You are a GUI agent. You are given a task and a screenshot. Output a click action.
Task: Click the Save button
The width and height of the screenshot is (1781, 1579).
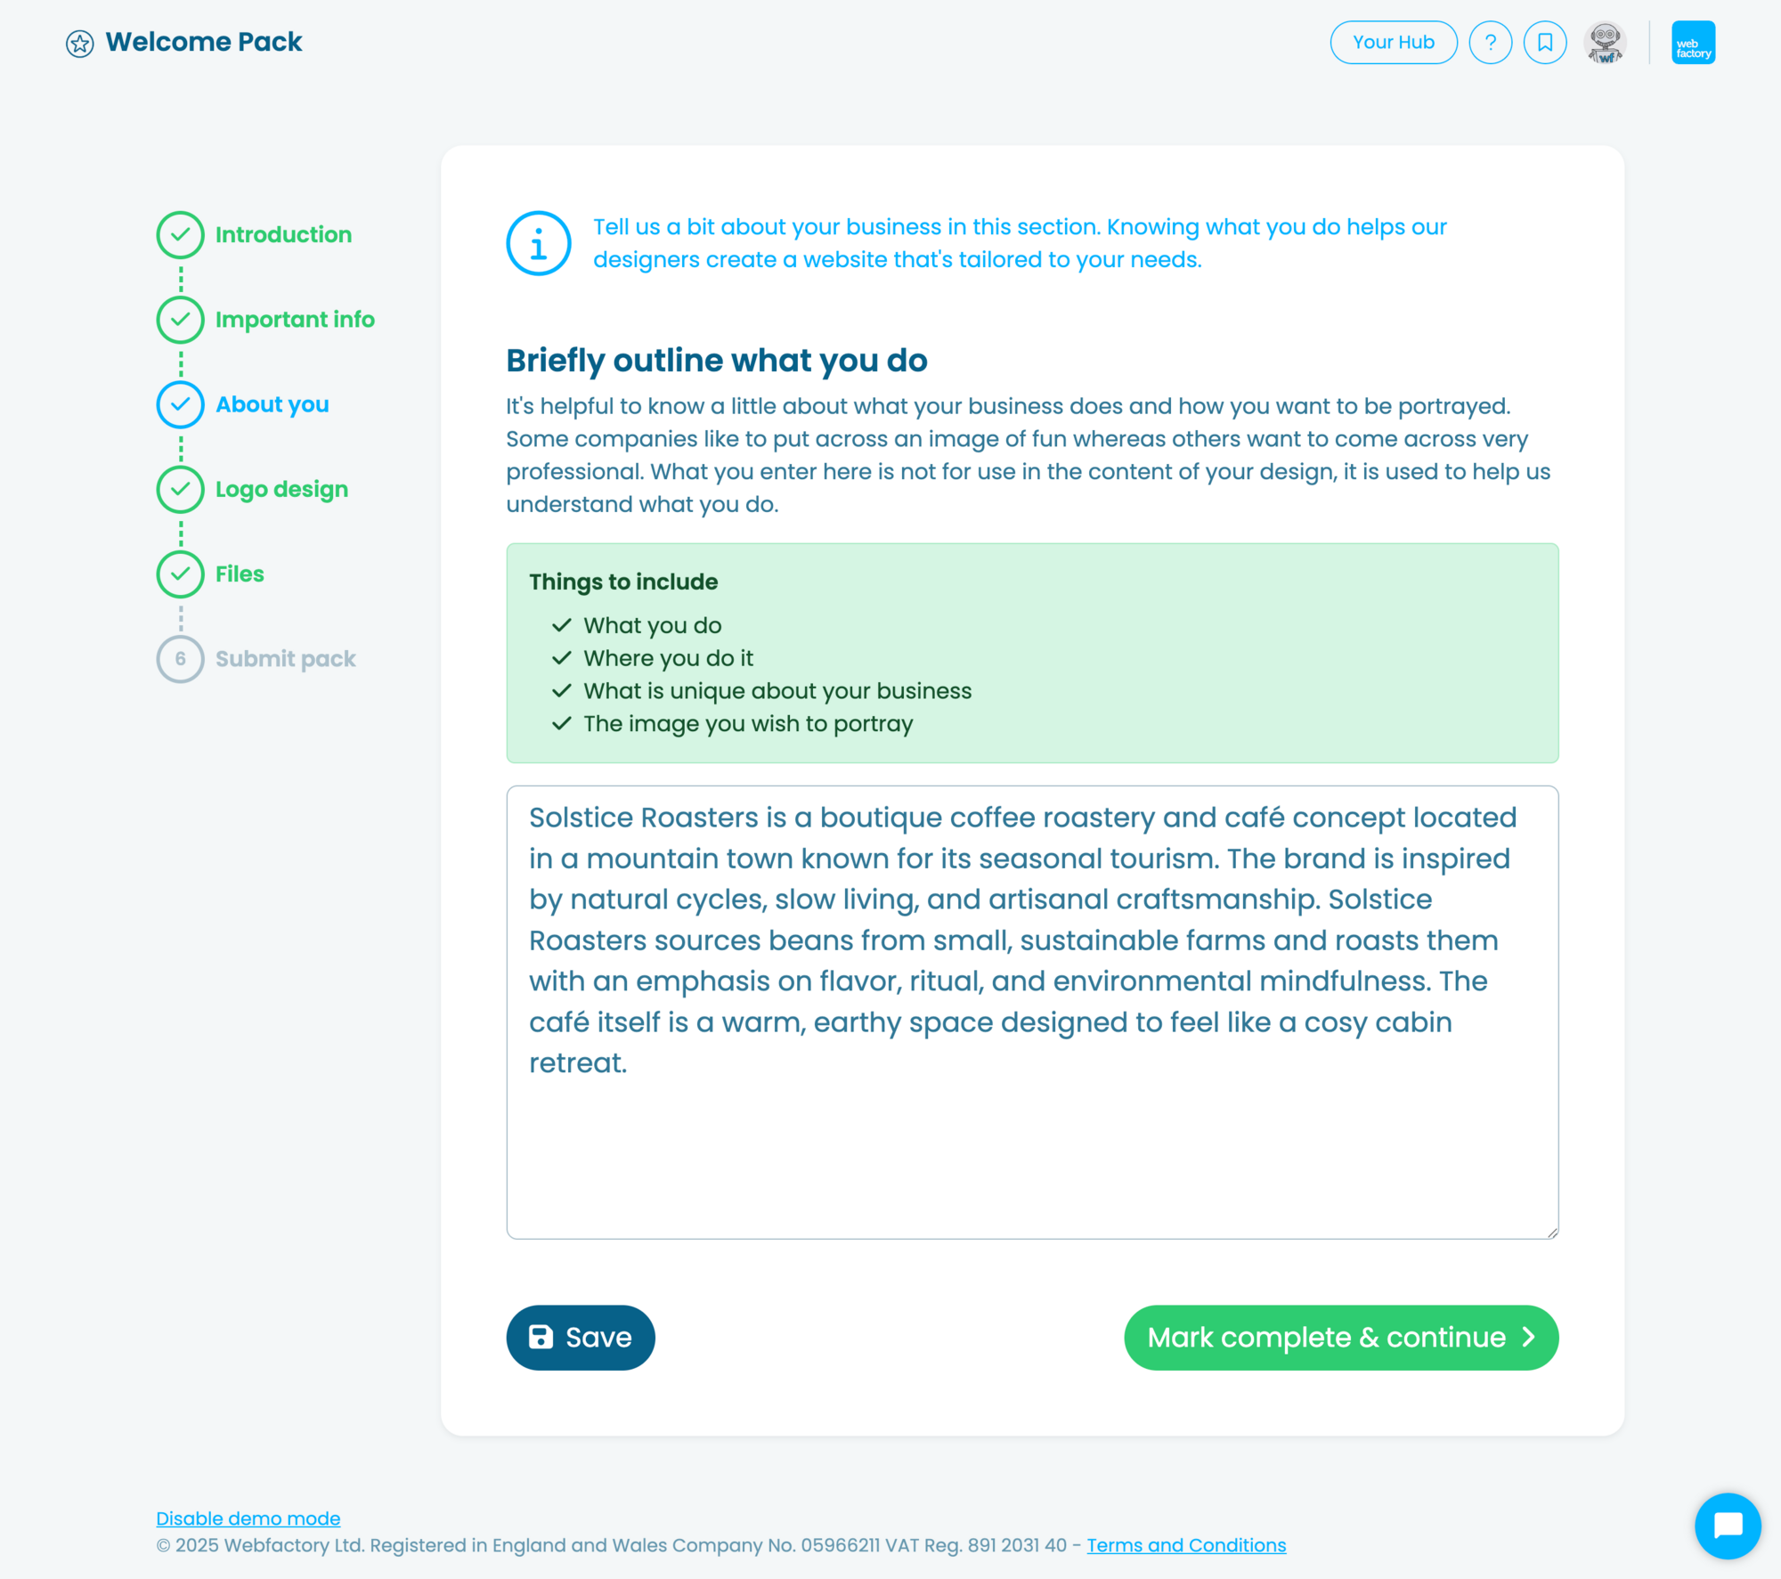[580, 1337]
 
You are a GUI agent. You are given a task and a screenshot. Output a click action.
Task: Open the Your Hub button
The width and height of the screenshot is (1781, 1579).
[1393, 42]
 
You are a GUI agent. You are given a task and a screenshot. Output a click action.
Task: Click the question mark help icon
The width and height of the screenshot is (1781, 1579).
[1490, 42]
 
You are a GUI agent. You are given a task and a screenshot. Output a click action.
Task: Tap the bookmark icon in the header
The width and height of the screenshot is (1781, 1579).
[1544, 42]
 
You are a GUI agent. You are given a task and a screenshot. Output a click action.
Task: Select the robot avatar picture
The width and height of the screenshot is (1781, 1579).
[1605, 42]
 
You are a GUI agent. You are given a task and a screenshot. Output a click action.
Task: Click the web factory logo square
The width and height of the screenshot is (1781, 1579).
[1693, 42]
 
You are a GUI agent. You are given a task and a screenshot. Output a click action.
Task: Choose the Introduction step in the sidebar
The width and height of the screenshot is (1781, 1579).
[282, 234]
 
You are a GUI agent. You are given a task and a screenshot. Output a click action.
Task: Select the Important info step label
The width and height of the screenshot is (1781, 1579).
[295, 319]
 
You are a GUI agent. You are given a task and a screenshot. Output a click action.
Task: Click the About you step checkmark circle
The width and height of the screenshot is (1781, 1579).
[181, 404]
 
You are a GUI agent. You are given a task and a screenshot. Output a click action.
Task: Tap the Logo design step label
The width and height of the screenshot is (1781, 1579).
[281, 489]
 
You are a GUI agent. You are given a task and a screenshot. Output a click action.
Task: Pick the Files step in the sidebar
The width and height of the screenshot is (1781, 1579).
[239, 574]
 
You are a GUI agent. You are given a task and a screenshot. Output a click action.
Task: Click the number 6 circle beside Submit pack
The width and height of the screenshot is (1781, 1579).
[181, 659]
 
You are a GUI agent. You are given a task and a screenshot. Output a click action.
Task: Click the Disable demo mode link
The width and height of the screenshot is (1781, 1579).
[248, 1518]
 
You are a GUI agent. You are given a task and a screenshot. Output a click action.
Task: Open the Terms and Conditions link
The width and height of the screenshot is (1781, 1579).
[1185, 1544]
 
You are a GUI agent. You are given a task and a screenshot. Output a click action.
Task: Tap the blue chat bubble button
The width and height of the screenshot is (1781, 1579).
[1727, 1525]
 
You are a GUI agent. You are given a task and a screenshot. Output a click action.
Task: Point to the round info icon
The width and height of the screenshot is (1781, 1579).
[539, 243]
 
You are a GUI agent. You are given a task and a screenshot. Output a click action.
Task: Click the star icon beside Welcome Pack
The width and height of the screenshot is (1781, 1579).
[79, 43]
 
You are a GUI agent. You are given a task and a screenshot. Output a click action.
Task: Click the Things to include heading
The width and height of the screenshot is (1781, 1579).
[623, 582]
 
